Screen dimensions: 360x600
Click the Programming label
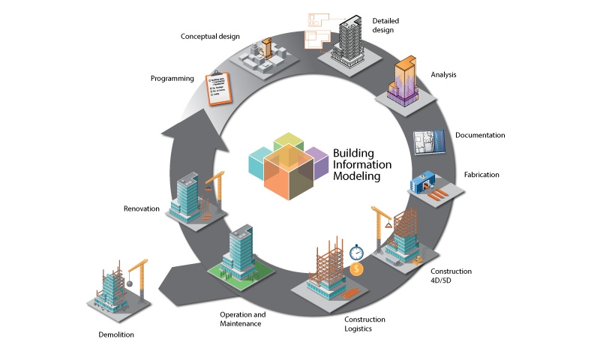172,79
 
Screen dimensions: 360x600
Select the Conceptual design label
209,36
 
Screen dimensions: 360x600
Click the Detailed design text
382,25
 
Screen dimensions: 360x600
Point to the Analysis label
443,75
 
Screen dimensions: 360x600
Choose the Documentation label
479,136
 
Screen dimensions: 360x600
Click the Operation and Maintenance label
242,319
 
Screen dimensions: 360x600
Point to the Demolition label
116,334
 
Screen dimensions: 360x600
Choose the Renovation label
141,208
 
